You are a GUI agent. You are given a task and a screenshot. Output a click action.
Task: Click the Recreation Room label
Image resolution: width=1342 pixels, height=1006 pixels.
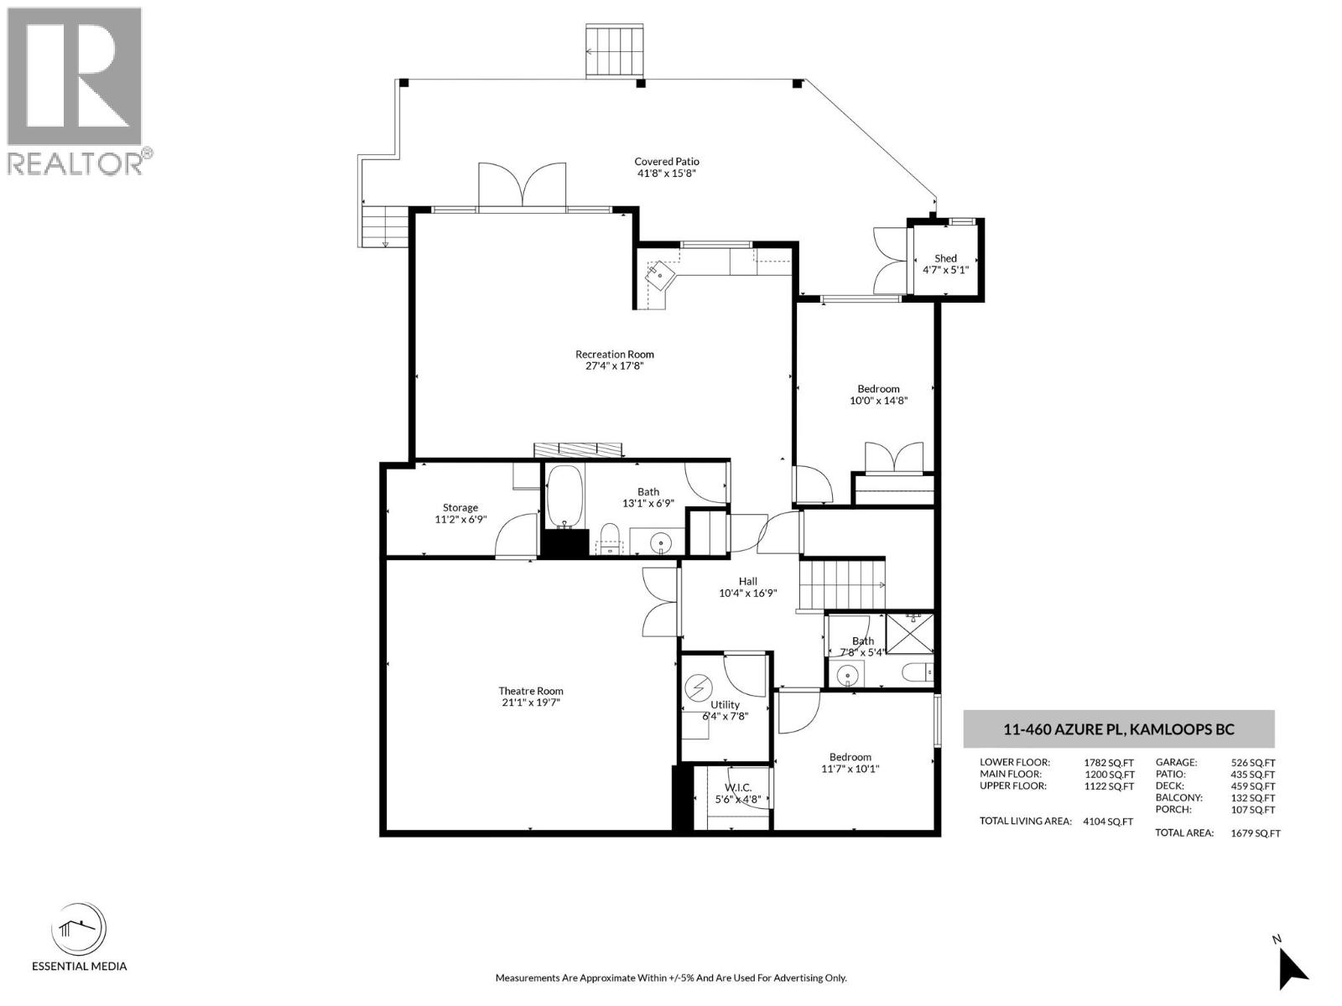[x=615, y=355]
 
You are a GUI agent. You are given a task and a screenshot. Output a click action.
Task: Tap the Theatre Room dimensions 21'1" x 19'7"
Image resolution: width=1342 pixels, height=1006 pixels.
[x=531, y=703]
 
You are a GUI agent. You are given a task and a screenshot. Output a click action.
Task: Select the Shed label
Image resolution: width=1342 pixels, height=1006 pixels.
[x=945, y=258]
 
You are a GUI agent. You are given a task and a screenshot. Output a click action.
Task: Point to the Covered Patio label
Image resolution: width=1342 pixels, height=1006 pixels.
[x=667, y=162]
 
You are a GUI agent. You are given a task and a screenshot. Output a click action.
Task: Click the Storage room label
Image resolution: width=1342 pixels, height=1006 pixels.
[x=460, y=507]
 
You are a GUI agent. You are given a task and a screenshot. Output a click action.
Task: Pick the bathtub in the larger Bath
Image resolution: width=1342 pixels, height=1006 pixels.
[x=564, y=497]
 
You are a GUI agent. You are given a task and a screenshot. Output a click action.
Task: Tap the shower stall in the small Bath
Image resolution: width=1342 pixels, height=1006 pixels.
[x=910, y=634]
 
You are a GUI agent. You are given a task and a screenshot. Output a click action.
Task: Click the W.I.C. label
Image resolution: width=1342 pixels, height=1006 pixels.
[x=738, y=788]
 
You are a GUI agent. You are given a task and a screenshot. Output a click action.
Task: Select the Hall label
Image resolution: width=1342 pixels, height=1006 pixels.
[x=747, y=582]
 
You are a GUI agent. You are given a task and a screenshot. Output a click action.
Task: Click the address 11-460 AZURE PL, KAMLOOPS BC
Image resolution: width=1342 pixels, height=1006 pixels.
[x=1119, y=729]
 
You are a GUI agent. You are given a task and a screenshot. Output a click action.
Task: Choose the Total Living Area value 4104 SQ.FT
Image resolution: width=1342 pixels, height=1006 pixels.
[x=1108, y=822]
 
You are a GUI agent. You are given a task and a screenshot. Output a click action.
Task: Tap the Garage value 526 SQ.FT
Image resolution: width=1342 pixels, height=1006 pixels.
[x=1253, y=762]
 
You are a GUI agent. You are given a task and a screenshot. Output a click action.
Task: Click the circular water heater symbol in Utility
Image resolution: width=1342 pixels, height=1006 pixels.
[x=696, y=688]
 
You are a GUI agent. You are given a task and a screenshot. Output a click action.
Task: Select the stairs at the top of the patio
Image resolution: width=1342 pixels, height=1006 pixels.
[x=615, y=51]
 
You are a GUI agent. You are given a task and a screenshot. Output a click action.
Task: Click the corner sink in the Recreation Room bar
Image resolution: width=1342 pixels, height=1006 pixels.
[x=660, y=276]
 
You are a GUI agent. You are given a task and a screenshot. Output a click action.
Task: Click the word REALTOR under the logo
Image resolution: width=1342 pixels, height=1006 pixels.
[x=75, y=163]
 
